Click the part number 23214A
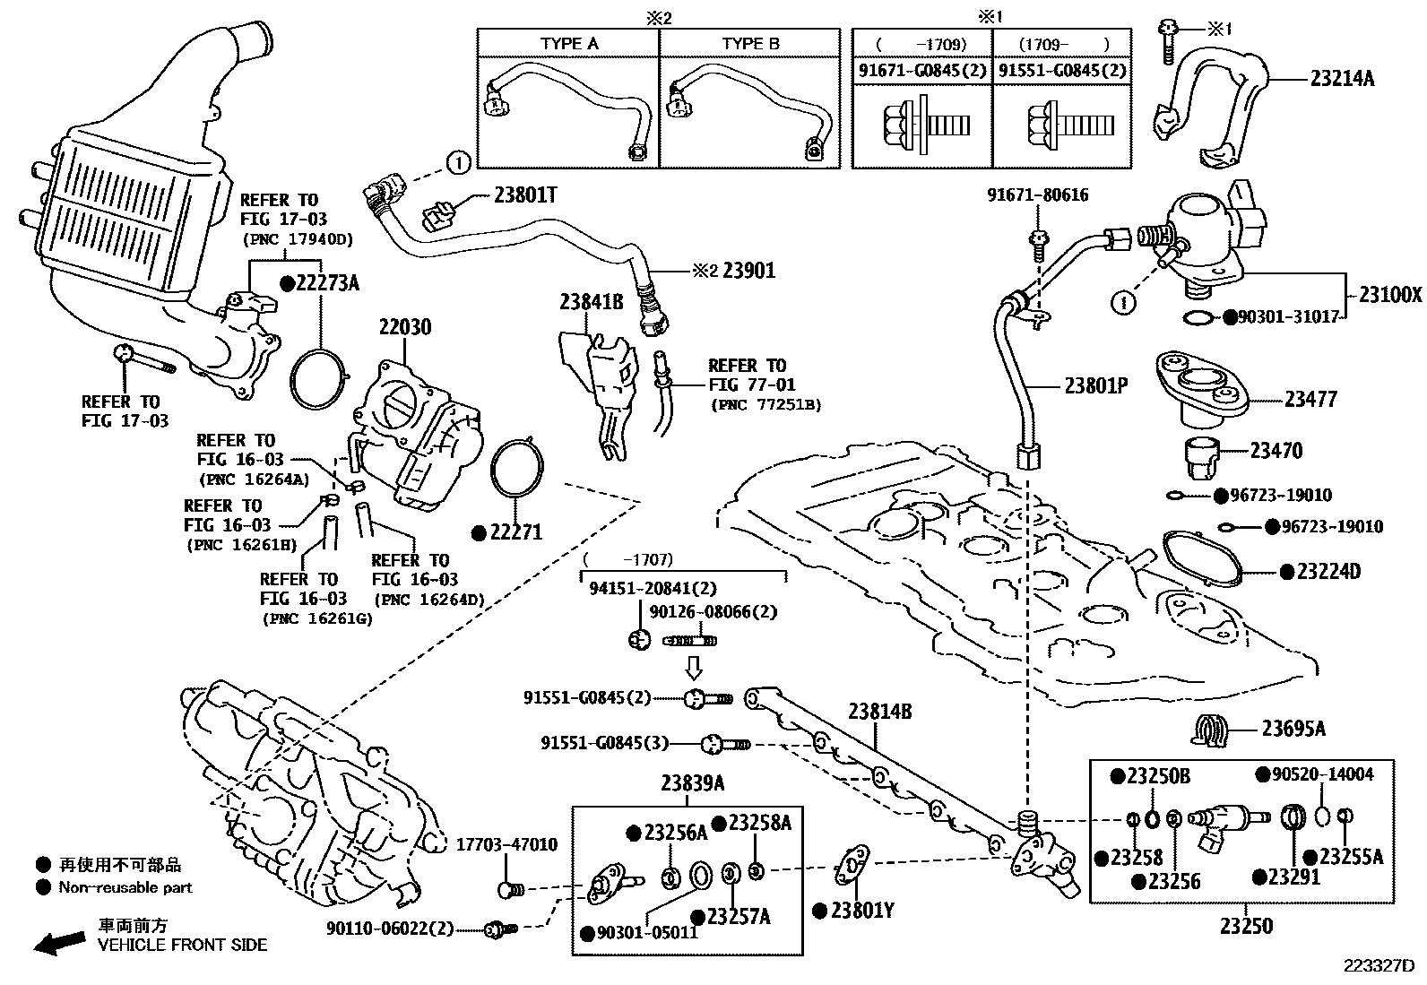pyautogui.click(x=1342, y=78)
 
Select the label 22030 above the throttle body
pyautogui.click(x=405, y=327)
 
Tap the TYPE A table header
pyautogui.click(x=569, y=43)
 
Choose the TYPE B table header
pyautogui.click(x=750, y=43)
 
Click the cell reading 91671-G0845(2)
pyautogui.click(x=922, y=70)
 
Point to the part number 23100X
pyautogui.click(x=1390, y=294)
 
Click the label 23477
pyautogui.click(x=1310, y=399)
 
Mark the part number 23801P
pyautogui.click(x=1095, y=385)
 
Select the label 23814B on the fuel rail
pyautogui.click(x=879, y=711)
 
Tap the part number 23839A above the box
pyautogui.click(x=693, y=782)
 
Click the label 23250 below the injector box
pyautogui.click(x=1246, y=926)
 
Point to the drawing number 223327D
pyautogui.click(x=1379, y=966)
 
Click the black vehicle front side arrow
pyautogui.click(x=60, y=942)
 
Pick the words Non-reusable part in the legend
pyautogui.click(x=125, y=887)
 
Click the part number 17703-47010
pyautogui.click(x=506, y=845)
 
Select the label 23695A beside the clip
pyautogui.click(x=1293, y=729)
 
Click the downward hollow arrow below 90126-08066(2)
pyautogui.click(x=694, y=668)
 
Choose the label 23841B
pyautogui.click(x=592, y=301)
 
